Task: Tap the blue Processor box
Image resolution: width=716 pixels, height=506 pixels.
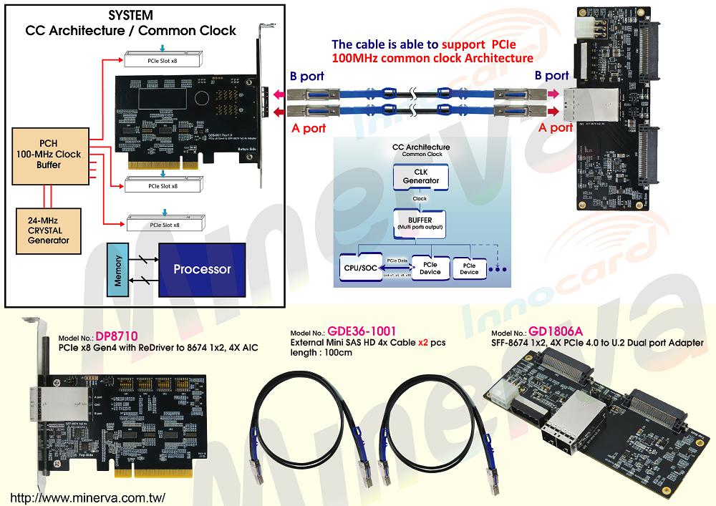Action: (203, 269)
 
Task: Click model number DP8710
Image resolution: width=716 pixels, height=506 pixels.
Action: (115, 336)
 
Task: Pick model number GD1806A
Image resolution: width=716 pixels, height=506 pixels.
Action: (556, 332)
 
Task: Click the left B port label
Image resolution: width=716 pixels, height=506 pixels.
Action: (306, 76)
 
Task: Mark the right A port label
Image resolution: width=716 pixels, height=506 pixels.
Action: (556, 127)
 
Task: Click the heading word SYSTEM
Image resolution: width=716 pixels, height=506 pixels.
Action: (131, 16)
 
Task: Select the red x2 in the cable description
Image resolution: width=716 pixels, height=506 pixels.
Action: (427, 342)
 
